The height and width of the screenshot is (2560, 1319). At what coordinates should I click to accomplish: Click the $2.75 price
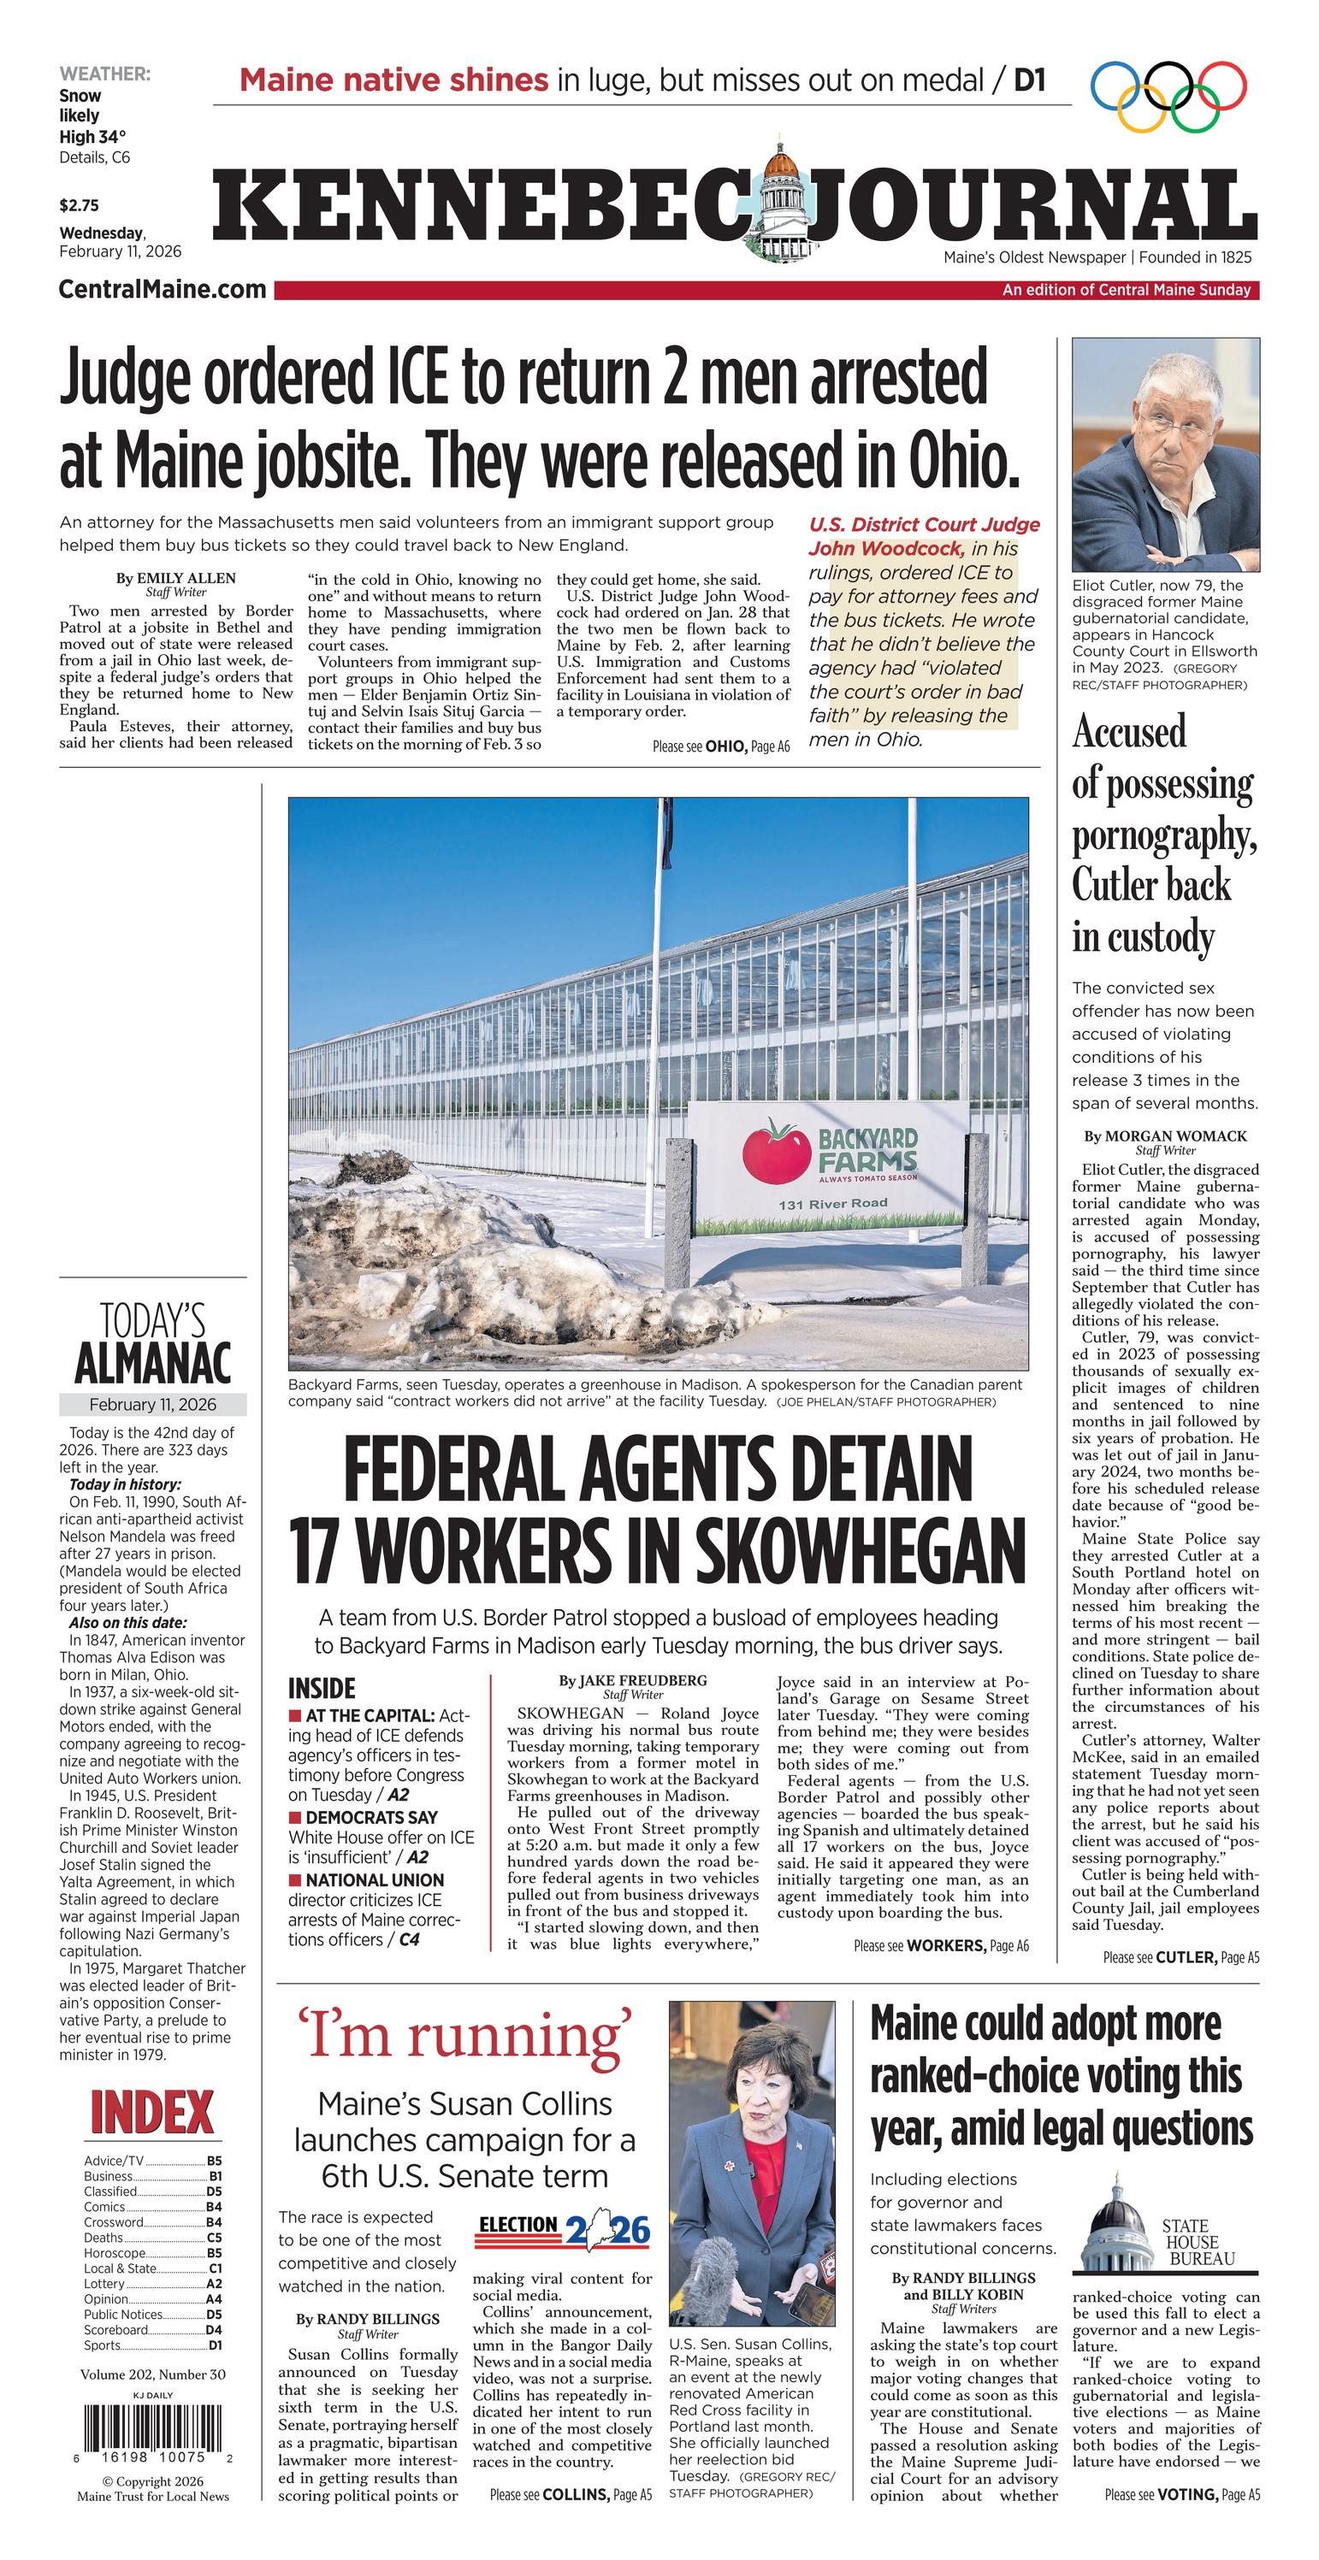tap(79, 206)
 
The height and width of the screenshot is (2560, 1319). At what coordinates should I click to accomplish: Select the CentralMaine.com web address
tap(162, 289)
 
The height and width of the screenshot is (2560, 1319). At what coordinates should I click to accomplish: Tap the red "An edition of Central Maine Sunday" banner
tap(1127, 290)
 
